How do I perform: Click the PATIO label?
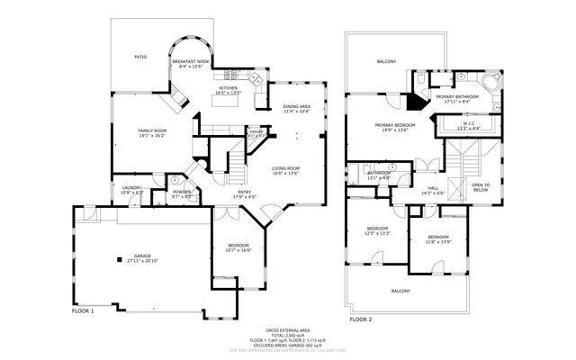click(140, 56)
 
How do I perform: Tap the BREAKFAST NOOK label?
click(192, 63)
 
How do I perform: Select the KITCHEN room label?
click(229, 89)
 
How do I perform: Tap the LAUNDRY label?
click(132, 189)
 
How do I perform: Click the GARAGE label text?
click(141, 257)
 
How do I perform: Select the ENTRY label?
click(246, 193)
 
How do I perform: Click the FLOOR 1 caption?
click(83, 310)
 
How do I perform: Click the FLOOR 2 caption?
click(361, 319)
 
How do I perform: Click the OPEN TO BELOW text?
click(481, 187)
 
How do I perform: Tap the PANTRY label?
click(256, 132)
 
